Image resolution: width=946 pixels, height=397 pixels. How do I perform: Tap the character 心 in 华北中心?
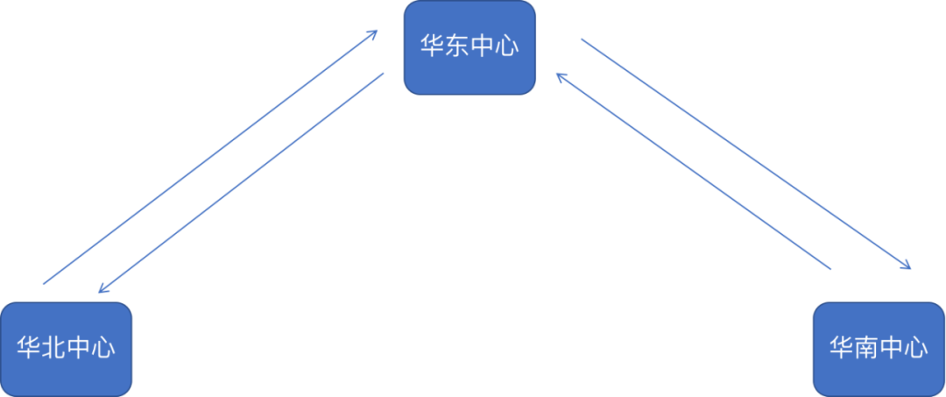(103, 348)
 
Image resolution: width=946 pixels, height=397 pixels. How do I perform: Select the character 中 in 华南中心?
(892, 348)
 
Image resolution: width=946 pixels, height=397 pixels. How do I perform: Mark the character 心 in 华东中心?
(507, 46)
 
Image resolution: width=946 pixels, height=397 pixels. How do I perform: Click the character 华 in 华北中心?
(29, 348)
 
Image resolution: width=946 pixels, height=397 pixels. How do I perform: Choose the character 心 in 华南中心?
(916, 348)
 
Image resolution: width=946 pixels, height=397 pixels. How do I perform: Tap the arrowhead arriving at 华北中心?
(102, 289)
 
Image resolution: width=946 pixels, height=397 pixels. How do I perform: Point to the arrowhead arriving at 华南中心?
(907, 266)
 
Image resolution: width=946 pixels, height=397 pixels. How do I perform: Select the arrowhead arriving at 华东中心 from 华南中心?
(561, 77)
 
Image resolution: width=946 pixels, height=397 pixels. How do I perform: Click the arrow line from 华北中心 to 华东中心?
(210, 158)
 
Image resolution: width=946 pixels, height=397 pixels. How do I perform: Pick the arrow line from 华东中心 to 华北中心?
(241, 182)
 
